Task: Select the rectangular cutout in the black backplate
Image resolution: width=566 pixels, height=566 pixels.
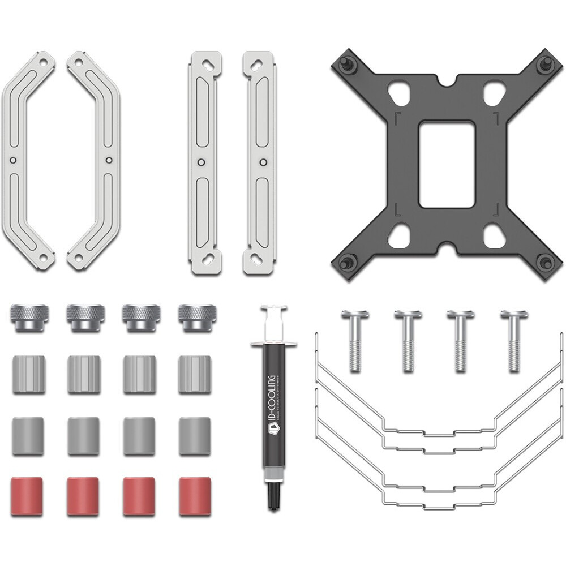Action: tap(446, 164)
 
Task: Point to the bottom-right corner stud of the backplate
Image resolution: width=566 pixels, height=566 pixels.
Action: tap(545, 261)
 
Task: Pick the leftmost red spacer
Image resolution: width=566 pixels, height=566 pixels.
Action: tap(27, 496)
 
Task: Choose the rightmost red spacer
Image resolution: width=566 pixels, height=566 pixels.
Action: tap(195, 496)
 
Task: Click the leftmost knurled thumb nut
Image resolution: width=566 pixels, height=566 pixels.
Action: tap(28, 316)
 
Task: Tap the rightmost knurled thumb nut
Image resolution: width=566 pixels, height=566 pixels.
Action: tap(196, 316)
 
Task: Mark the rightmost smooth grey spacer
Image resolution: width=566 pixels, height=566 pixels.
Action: tap(195, 436)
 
